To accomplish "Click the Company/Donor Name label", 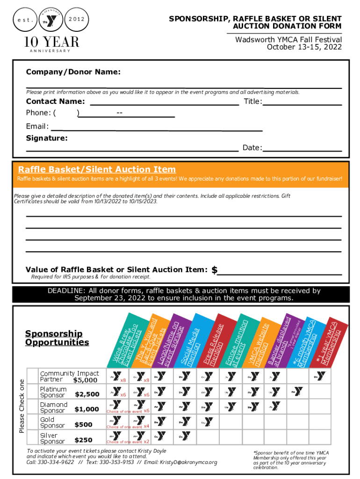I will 73,72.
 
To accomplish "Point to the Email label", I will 37,126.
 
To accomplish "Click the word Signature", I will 47,138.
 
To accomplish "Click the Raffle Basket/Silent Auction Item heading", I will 97,169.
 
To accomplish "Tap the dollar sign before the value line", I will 214,270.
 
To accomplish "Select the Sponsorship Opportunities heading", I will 57,338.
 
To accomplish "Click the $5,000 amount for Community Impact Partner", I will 86,380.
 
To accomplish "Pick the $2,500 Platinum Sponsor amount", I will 87,394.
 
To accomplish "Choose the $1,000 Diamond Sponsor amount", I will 87,409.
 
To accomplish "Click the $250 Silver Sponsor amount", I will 83,440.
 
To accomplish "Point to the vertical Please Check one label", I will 22,406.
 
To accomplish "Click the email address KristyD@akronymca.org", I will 188,463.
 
